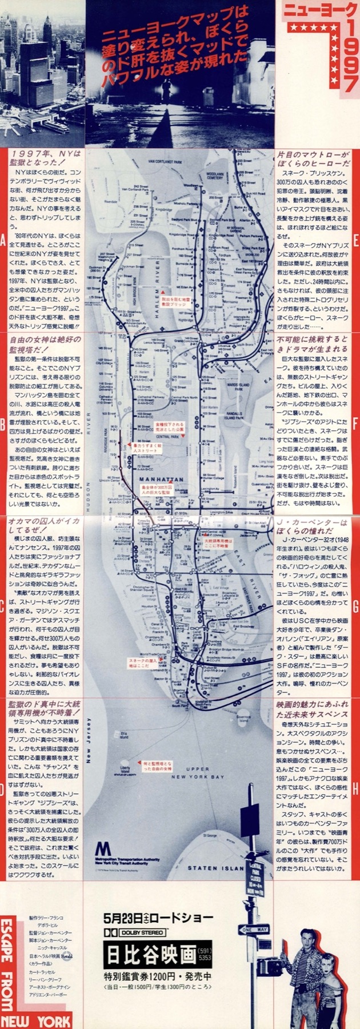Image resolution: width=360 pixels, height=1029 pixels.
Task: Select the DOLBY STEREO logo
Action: [x=134, y=932]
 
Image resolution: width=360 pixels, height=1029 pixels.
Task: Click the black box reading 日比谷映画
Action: [x=150, y=955]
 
